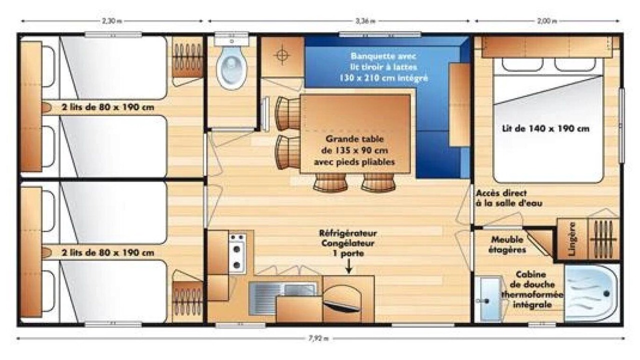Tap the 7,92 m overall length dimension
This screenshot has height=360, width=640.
318,338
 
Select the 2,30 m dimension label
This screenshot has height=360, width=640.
111,21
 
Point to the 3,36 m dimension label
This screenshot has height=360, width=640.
365,21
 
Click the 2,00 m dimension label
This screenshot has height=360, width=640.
547,21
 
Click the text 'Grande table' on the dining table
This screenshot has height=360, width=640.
354,139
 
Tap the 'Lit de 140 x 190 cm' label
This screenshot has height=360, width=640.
545,128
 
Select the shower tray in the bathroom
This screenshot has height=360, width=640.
591,293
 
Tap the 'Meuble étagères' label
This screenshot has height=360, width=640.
507,244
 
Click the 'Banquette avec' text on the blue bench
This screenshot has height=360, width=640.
383,56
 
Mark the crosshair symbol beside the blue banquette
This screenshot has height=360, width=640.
282,54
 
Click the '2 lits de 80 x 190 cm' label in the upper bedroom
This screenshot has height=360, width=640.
108,107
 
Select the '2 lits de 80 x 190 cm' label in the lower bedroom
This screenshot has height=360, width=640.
108,253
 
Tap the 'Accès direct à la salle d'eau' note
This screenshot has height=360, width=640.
509,198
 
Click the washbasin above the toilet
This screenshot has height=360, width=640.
231,39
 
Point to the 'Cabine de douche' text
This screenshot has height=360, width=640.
531,279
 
